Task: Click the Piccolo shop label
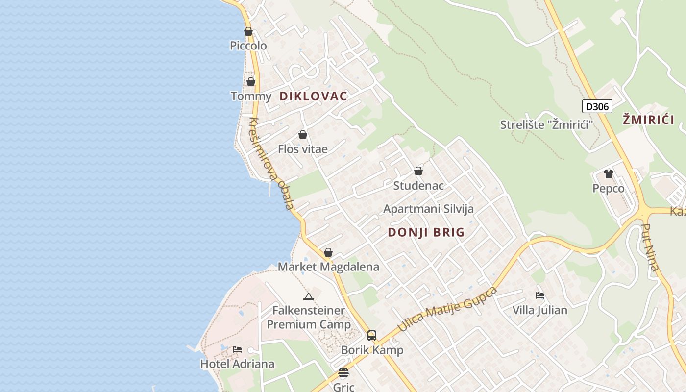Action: pos(248,46)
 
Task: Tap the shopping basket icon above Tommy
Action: pos(251,82)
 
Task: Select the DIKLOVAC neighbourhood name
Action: pos(313,96)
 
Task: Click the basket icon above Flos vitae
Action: pos(303,135)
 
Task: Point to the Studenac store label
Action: pos(418,186)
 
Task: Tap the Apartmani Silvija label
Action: pos(428,209)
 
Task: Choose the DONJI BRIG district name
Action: pos(426,232)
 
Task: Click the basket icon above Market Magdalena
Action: pos(328,253)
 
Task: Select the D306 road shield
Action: pos(597,106)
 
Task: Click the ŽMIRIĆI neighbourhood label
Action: pos(648,119)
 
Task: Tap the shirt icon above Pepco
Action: pos(609,174)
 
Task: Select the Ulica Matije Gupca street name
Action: pos(447,309)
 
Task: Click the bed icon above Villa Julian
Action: pos(540,295)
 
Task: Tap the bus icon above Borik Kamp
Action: pos(372,336)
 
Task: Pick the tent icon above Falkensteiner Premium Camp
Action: pos(308,296)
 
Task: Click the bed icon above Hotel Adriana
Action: pos(237,349)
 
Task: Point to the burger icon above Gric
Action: pos(343,373)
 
